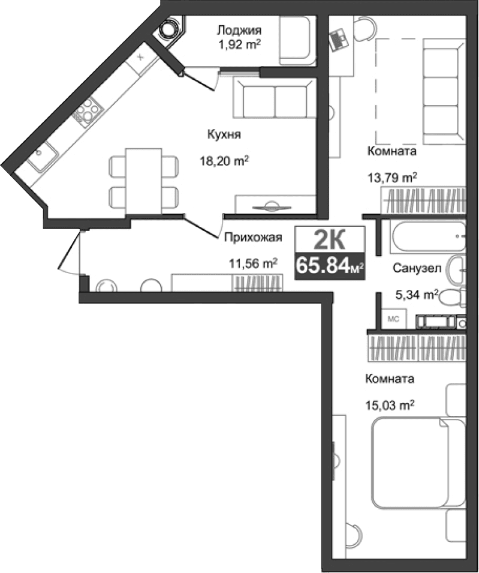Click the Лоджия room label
[x=239, y=29]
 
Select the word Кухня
[x=224, y=135]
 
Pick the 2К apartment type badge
[x=329, y=241]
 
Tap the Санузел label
[x=417, y=268]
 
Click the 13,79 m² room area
[x=392, y=177]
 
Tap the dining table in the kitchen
[x=143, y=179]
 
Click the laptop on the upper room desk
[x=340, y=40]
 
